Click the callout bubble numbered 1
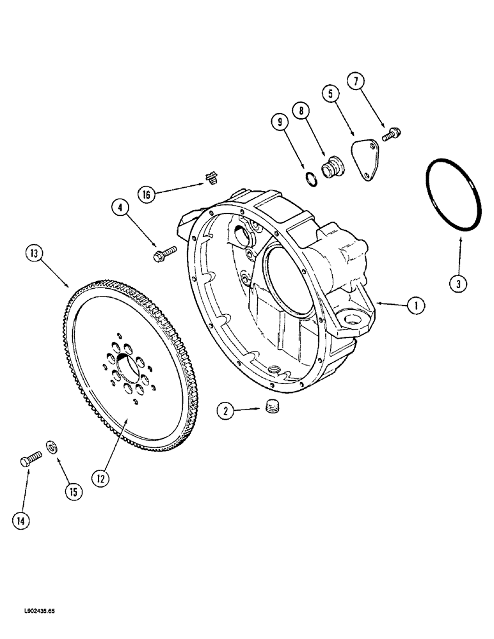click(x=415, y=306)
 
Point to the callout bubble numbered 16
click(x=147, y=194)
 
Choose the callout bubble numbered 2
click(x=225, y=412)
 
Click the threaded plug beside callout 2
click(x=273, y=406)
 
